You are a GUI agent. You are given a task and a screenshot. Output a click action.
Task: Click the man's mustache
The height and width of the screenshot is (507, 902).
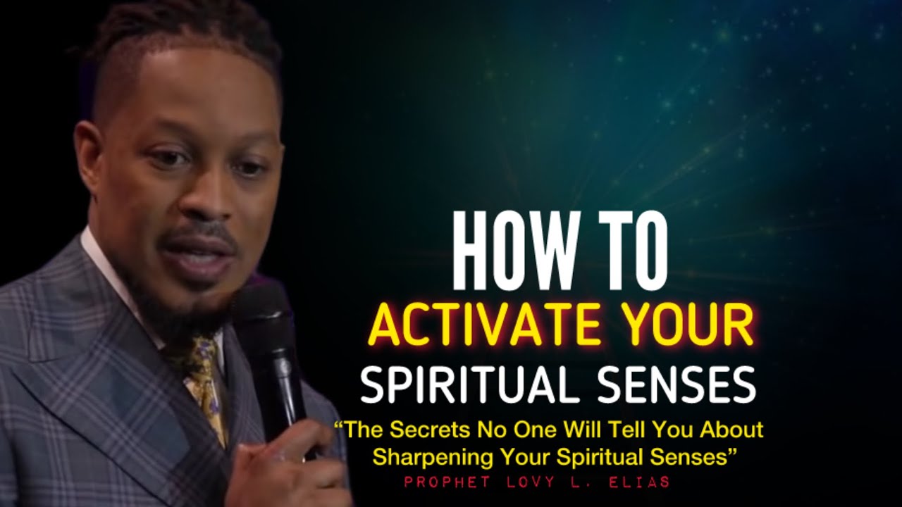coord(197,236)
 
